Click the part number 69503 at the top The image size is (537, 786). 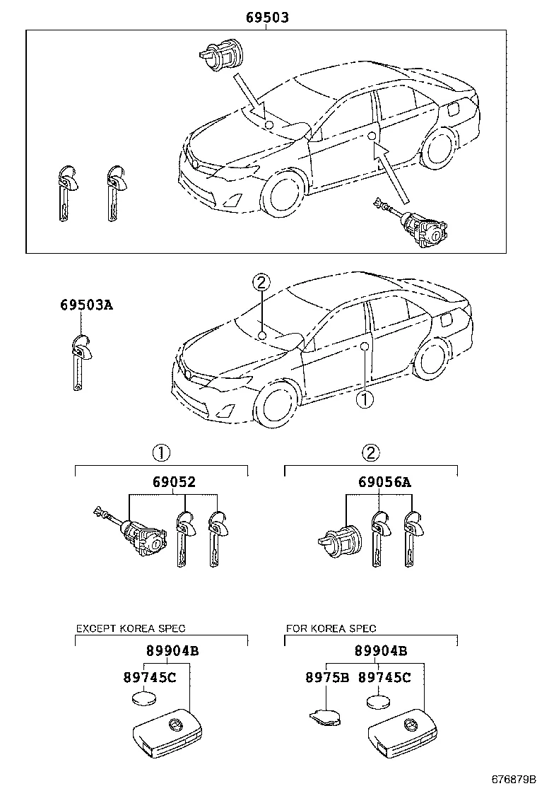point(267,18)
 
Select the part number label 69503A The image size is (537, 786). point(86,305)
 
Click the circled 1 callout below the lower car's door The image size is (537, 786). point(364,399)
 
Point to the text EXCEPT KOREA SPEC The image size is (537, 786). point(131,628)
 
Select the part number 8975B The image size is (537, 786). point(327,677)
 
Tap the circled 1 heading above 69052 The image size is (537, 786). point(162,453)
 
